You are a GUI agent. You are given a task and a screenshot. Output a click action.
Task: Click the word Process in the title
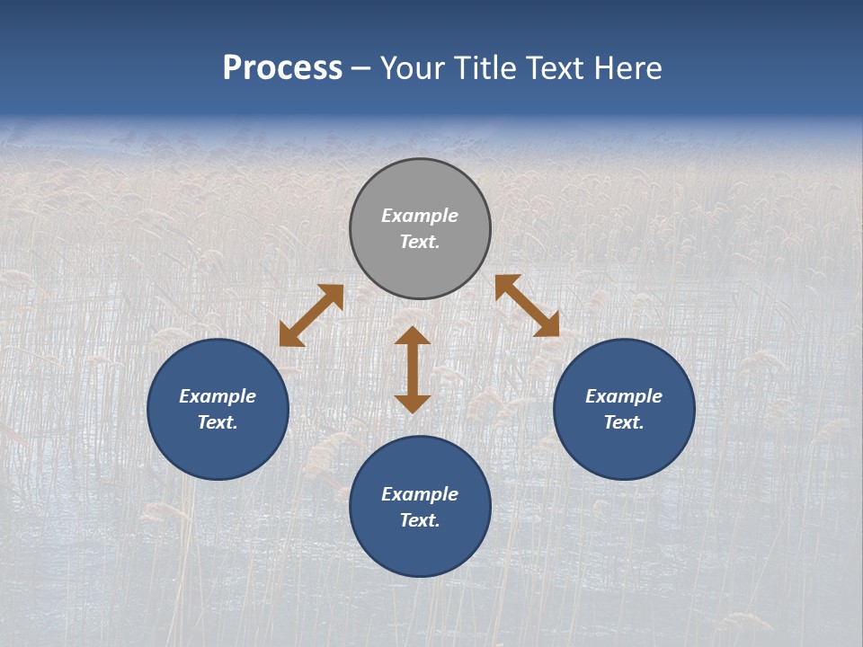[x=282, y=68]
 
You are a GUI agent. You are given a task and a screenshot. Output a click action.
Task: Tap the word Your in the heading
[x=412, y=68]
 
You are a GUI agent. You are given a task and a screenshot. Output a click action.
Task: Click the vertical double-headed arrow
[x=413, y=369]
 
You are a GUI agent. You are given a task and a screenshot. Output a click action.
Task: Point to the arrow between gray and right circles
[x=527, y=306]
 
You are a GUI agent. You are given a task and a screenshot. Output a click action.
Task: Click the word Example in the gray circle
[x=420, y=216]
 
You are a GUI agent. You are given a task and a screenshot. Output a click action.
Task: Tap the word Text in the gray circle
[x=419, y=242]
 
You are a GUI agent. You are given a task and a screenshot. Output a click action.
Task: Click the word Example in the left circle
[x=218, y=396]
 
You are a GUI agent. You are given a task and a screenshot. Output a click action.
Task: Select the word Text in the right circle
[x=623, y=422]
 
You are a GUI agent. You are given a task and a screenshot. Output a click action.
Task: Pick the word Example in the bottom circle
[x=420, y=494]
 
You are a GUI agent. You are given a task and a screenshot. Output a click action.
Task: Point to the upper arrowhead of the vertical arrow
[x=413, y=336]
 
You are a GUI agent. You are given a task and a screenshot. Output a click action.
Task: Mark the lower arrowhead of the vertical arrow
[x=413, y=403]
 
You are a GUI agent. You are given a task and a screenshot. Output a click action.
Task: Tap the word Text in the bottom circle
[x=419, y=520]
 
